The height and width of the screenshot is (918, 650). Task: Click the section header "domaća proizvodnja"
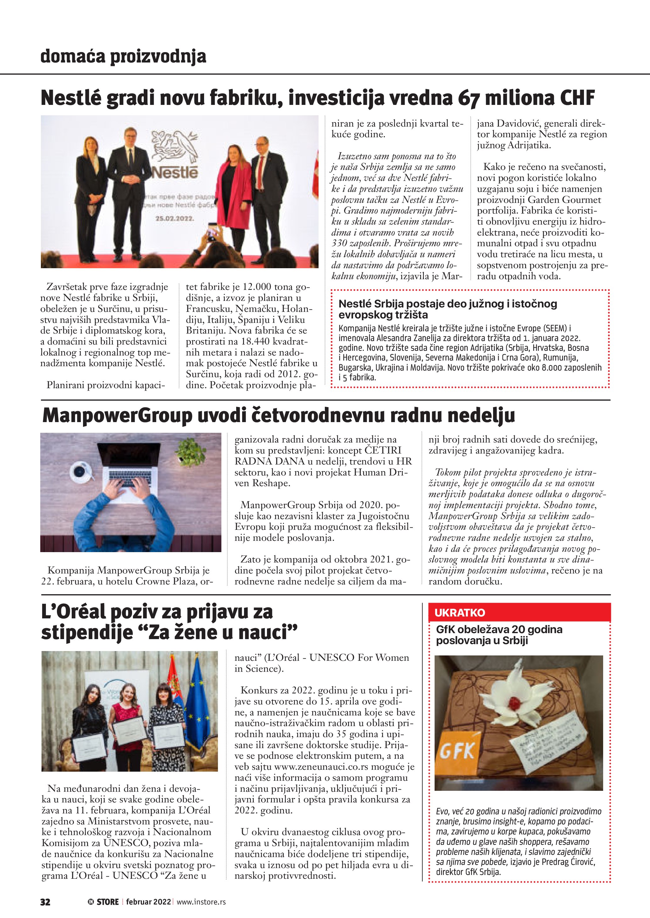pos(123,57)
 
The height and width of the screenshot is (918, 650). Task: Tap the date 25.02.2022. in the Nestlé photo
pos(175,219)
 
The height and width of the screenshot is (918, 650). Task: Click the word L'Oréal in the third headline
pos(73,612)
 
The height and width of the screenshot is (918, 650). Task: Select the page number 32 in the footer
pos(45,902)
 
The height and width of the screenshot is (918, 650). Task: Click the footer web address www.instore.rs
pos(201,902)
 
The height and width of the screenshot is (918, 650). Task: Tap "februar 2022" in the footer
pos(148,902)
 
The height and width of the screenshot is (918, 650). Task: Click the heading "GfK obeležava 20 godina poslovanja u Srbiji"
pos(499,635)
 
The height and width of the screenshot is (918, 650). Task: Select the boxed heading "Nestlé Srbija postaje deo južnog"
pos(447,309)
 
